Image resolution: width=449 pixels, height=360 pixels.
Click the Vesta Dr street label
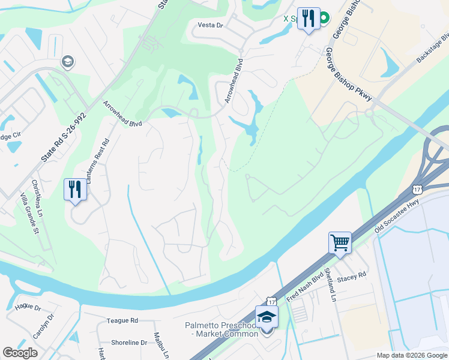pos(211,25)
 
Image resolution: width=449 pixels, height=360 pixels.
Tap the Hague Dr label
pos(29,308)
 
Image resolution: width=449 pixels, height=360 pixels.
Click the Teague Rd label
pos(122,321)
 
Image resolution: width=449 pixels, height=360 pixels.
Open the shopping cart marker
pos(339,243)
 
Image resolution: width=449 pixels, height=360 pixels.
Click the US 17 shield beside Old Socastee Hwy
pos(418,189)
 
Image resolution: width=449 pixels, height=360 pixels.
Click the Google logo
pos(20,353)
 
